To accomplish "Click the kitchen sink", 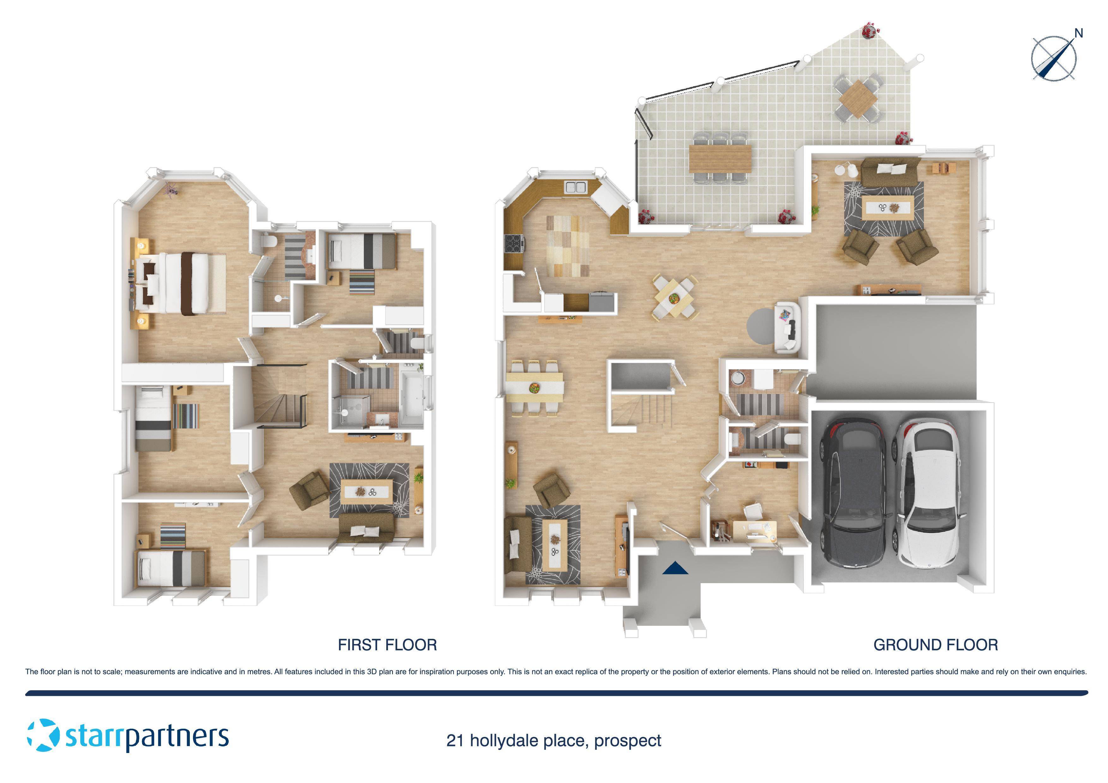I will [575, 187].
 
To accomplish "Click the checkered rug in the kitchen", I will [568, 246].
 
